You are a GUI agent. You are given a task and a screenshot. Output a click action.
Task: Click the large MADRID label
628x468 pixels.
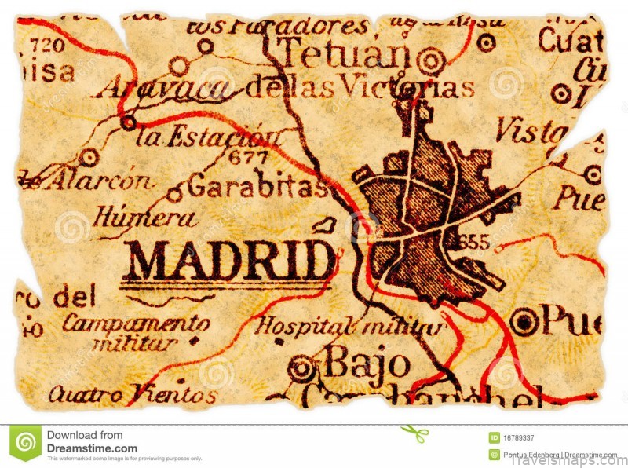pos(228,260)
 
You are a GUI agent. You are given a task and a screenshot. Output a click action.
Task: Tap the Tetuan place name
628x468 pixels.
pos(345,55)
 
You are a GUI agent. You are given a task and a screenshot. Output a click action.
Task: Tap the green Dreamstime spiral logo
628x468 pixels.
pos(26,443)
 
